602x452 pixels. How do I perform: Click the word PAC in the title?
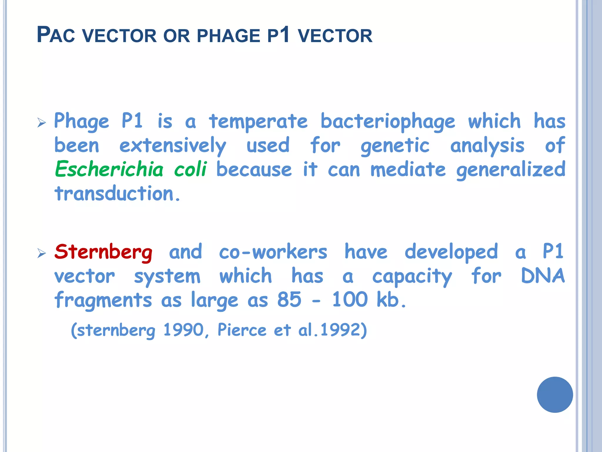tap(56, 35)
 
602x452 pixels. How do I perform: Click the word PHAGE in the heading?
tap(228, 36)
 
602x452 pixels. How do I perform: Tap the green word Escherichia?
tap(109, 169)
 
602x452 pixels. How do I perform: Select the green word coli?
tap(190, 169)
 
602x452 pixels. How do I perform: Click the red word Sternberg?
tap(103, 252)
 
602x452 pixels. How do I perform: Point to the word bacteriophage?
tap(388, 122)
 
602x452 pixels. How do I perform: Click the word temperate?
tap(258, 122)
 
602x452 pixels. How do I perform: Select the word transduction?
tap(117, 194)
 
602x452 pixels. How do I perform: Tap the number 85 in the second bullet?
tap(289, 300)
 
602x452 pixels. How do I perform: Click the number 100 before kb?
tap(350, 300)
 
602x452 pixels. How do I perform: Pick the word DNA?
tap(543, 276)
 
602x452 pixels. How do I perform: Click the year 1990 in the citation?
tap(183, 330)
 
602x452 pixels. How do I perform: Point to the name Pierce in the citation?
tap(242, 330)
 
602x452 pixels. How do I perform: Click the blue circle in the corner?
tap(555, 395)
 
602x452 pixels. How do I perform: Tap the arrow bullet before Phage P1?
tap(42, 122)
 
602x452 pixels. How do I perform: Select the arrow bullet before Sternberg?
tap(42, 253)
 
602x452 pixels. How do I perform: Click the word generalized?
tap(511, 170)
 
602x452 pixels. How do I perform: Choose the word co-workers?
tap(273, 252)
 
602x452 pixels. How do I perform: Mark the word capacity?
tap(412, 277)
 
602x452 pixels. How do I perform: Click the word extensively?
tap(173, 146)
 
